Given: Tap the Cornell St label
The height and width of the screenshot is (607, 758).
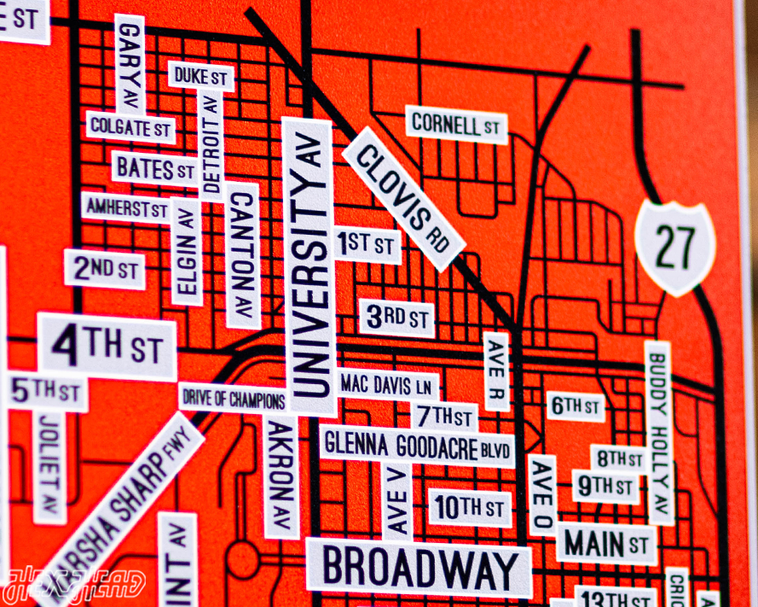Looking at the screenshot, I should point(455,125).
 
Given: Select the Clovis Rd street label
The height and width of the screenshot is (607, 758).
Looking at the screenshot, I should point(404,198).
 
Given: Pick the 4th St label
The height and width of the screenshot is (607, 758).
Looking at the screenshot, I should point(107,347).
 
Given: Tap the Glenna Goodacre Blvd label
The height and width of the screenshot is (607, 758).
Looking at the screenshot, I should point(417,446).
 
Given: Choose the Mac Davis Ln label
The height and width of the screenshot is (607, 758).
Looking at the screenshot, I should point(386,384).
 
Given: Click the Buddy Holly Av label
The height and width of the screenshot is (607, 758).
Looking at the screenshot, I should point(658,431).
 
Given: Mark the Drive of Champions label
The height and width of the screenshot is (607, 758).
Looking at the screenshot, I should point(233,397).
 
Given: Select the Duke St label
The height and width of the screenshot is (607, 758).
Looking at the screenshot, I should point(200,76).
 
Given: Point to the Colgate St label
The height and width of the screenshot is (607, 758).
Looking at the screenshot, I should point(130,129).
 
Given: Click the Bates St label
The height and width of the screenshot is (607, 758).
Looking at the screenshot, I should point(155,168).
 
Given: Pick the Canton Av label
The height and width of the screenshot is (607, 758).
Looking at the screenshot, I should point(243,255).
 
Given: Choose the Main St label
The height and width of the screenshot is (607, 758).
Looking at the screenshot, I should point(607,541).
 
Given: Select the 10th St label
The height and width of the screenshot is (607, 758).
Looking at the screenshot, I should point(470,508).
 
